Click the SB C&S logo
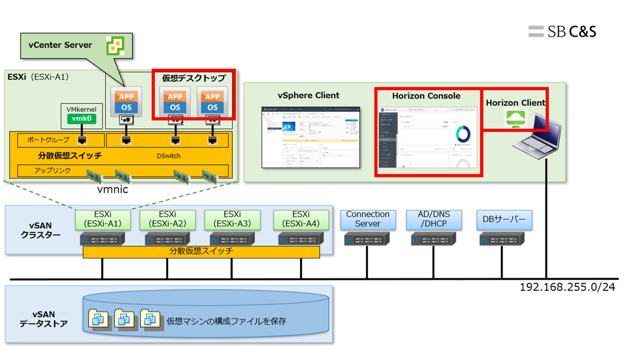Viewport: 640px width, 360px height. click(x=562, y=31)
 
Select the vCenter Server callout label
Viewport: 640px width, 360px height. click(x=61, y=45)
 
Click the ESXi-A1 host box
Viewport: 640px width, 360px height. click(x=103, y=219)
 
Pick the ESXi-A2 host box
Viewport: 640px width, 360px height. click(x=167, y=219)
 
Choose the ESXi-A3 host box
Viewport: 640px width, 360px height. click(x=232, y=219)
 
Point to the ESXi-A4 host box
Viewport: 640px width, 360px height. click(x=301, y=219)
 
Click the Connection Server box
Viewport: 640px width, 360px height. click(x=368, y=219)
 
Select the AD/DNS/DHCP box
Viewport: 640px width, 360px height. click(x=434, y=219)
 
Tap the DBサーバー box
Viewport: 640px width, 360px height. click(x=504, y=219)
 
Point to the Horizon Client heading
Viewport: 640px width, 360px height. click(x=516, y=103)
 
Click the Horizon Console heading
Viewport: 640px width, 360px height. click(x=426, y=96)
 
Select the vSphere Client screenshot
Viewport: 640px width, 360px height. click(x=310, y=137)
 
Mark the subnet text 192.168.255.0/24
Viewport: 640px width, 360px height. click(x=568, y=287)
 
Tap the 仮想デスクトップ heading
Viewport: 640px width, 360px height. click(x=194, y=78)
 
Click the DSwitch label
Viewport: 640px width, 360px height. click(x=168, y=156)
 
